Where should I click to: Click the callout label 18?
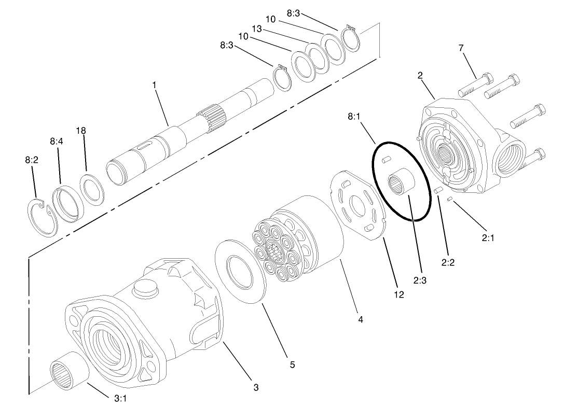click(81, 131)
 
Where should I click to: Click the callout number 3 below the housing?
click(255, 387)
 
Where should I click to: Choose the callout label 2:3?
click(420, 280)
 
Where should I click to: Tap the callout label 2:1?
click(488, 237)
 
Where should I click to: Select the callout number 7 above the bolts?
click(461, 48)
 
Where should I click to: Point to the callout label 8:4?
click(57, 140)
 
